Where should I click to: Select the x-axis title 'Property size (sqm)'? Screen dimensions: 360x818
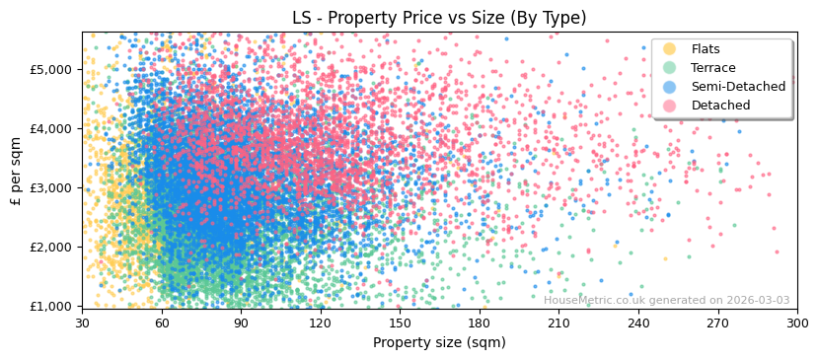(439, 342)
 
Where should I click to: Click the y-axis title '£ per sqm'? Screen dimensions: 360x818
(16, 171)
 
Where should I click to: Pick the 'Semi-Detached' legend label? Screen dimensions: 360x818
(738, 87)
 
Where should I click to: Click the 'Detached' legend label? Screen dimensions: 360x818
(720, 106)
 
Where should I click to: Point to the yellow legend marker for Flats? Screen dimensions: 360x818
(670, 49)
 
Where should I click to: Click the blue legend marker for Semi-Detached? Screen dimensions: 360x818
(670, 87)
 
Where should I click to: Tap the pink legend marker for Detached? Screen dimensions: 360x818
(670, 106)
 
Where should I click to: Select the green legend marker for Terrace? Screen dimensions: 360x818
(670, 68)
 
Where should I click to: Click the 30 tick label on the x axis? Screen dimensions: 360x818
(82, 323)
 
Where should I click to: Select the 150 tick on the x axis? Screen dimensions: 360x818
(400, 323)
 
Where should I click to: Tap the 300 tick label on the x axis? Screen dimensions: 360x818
(796, 323)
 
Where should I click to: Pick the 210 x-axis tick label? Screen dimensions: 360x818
(558, 323)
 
